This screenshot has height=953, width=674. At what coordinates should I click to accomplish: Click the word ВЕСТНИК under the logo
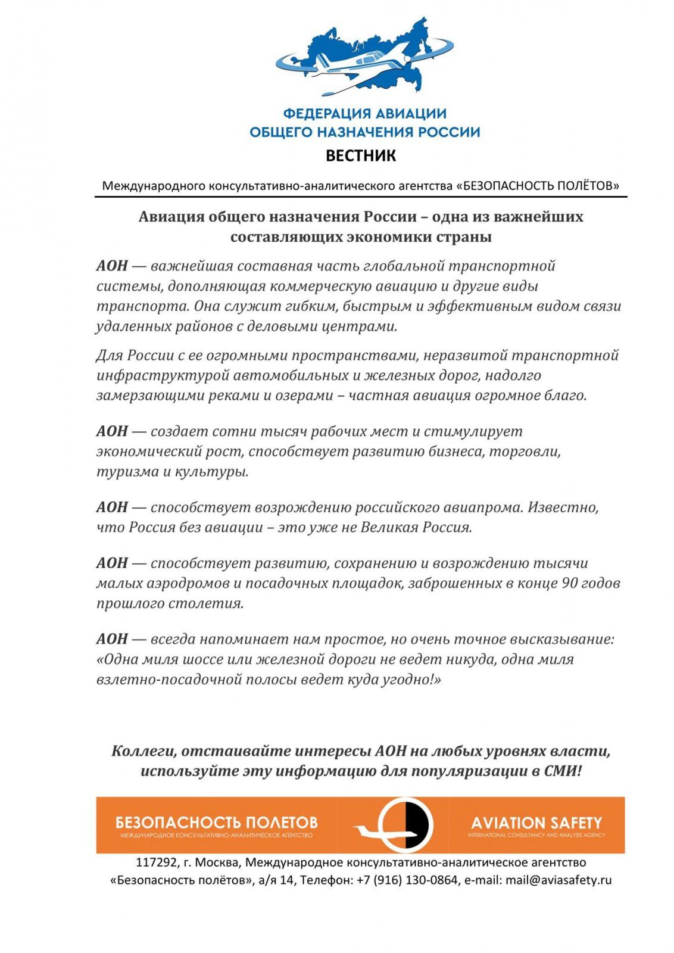point(360,156)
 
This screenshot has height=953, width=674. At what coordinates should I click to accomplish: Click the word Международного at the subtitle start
point(154,186)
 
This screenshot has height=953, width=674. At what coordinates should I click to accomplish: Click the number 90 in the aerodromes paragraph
point(569,583)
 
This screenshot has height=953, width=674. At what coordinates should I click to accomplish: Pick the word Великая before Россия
point(388,527)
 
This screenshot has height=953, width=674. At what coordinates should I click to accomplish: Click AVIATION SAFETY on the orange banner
point(536,823)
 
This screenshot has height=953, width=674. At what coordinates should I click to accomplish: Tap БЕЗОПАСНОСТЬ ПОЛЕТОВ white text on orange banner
point(217,823)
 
